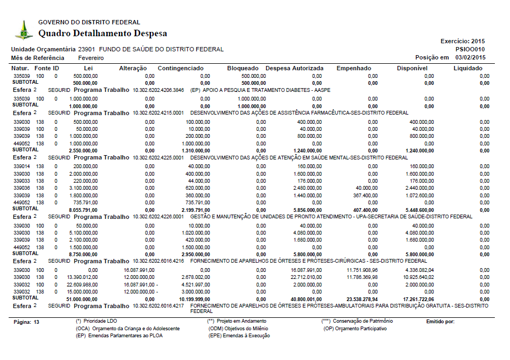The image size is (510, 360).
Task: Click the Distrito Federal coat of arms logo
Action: click(x=23, y=30)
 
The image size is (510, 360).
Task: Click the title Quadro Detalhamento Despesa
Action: click(x=103, y=34)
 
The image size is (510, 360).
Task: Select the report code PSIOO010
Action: click(x=470, y=49)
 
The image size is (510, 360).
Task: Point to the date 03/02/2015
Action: click(x=471, y=57)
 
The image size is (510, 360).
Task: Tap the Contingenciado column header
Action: click(x=181, y=68)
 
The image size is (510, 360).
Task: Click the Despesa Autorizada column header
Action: click(x=294, y=68)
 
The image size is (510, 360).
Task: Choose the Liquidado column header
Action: click(x=468, y=68)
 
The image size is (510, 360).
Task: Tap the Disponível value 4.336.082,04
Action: click(x=415, y=270)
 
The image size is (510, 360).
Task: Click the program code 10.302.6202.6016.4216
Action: click(x=158, y=261)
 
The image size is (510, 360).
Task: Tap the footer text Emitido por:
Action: click(x=440, y=322)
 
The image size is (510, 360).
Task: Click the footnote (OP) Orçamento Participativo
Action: click(x=355, y=329)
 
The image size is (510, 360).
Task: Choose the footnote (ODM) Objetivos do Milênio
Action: click(x=239, y=329)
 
